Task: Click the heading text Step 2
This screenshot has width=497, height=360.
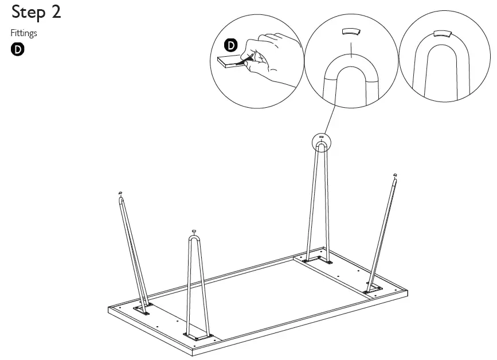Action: point(36,13)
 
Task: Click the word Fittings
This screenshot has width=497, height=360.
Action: point(24,33)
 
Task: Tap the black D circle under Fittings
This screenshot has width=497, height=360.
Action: point(18,49)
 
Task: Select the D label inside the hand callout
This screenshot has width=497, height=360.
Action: point(230,44)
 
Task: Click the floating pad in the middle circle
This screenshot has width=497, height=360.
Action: point(350,32)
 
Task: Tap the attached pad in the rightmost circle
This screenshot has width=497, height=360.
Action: point(443,34)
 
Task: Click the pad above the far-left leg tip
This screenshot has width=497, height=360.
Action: point(120,193)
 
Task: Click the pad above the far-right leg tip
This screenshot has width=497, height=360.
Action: point(394,174)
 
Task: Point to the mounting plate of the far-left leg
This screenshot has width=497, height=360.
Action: point(142,310)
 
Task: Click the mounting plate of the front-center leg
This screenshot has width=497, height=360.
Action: point(197,336)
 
